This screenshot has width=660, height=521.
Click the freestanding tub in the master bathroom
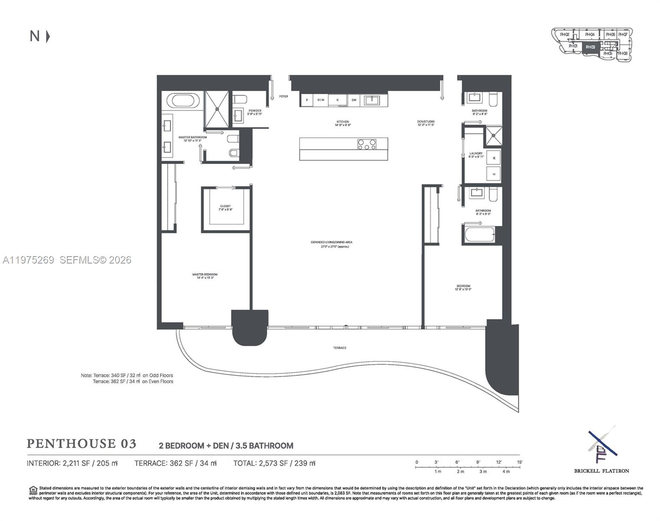[185, 100]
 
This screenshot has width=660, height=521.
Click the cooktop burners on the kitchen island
[367, 144]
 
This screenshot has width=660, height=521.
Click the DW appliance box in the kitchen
[354, 100]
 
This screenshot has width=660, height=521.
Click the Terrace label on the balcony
[340, 348]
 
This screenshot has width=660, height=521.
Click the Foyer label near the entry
[284, 96]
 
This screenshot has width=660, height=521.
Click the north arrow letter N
[35, 36]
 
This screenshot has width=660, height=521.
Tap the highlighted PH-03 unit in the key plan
[591, 47]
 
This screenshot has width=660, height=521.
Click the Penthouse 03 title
[82, 443]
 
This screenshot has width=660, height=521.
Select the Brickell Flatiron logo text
[601, 471]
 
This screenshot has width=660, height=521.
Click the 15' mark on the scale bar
[520, 462]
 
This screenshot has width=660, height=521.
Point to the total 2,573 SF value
[274, 463]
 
